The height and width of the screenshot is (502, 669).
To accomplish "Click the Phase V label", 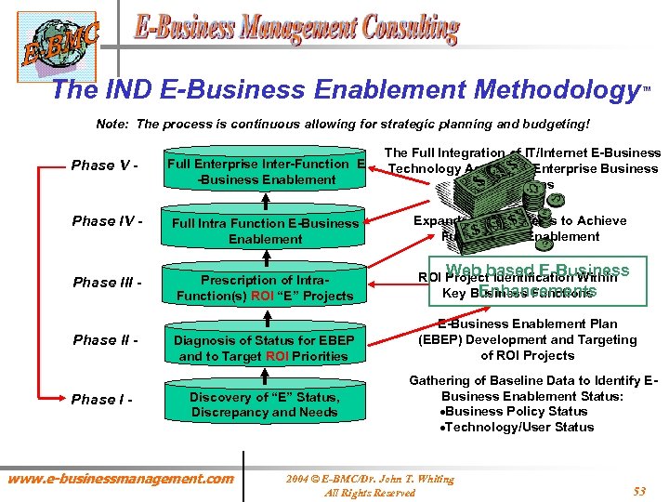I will point(104,165).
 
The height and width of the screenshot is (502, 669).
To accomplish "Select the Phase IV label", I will point(106,222).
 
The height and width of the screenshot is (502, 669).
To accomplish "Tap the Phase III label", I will point(106,283).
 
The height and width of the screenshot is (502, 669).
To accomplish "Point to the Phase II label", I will point(105,340).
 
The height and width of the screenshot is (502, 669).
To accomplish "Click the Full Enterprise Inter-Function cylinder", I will point(265,171).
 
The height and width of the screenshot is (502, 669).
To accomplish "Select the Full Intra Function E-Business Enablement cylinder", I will point(265,231).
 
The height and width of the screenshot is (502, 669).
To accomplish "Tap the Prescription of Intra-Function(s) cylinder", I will point(265,287).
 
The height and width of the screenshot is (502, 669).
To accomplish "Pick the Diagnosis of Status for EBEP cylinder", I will point(265,348).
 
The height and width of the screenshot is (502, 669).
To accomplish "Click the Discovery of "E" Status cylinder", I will point(265,404).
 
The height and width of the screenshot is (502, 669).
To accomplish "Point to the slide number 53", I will point(639,491).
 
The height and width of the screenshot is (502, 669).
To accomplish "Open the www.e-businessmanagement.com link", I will point(121,479).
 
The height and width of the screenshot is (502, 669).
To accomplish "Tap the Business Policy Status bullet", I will point(518,411).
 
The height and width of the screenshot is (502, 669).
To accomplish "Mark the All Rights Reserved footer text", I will point(369,493).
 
